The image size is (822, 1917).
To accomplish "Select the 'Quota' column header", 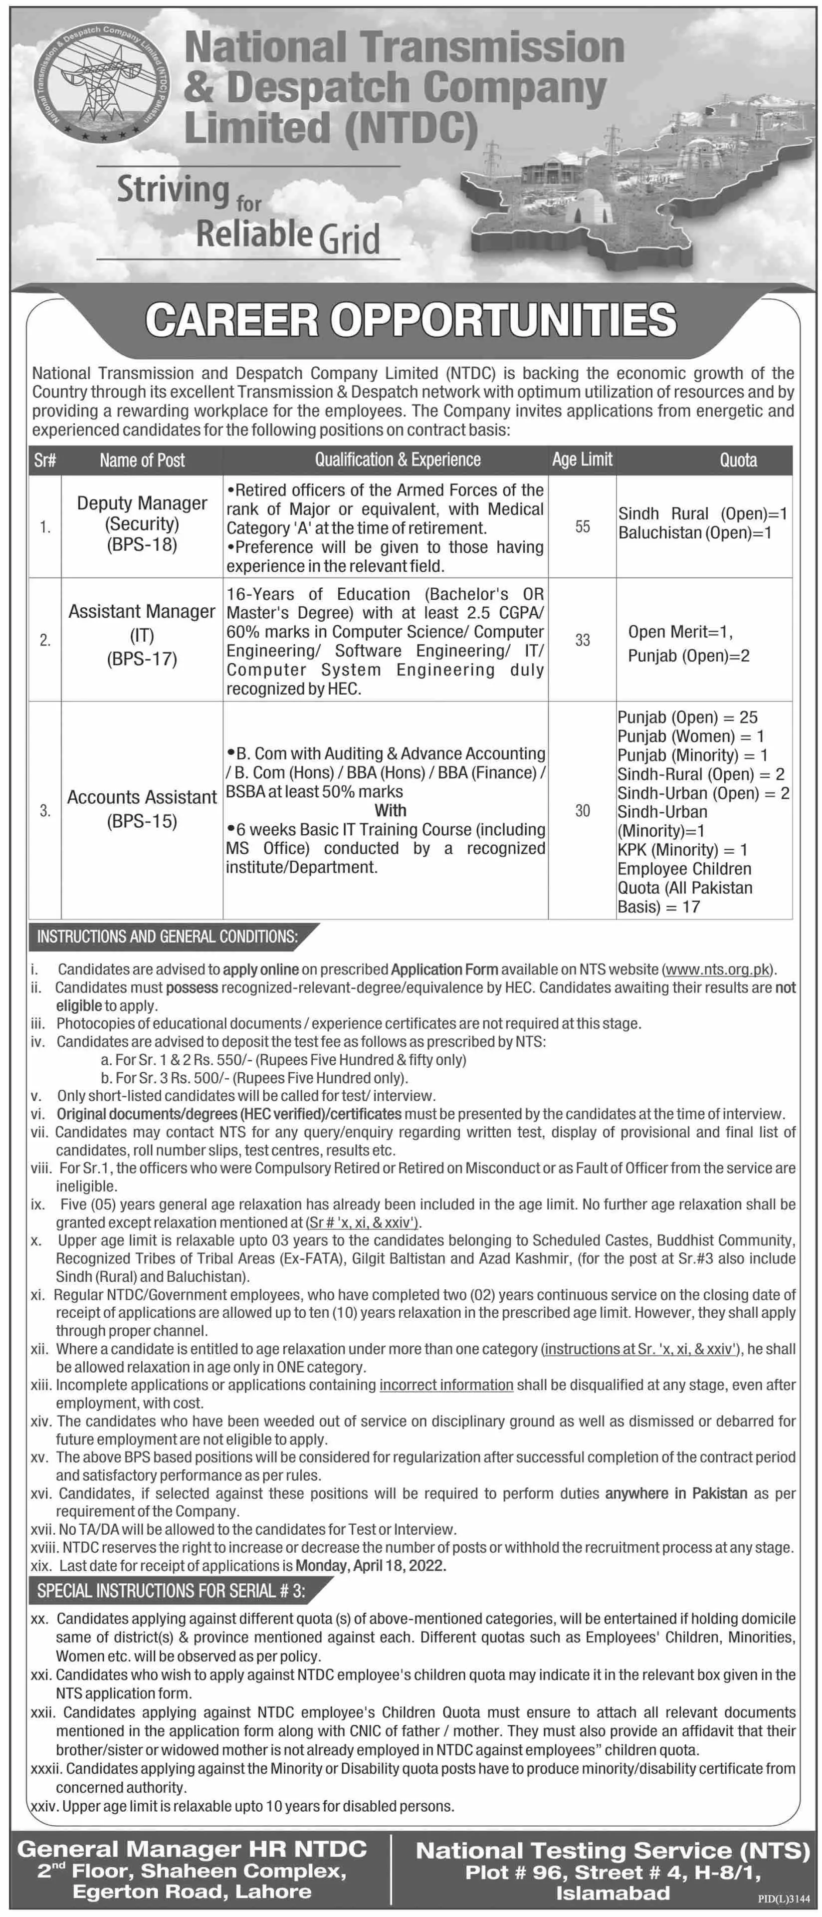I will click(737, 460).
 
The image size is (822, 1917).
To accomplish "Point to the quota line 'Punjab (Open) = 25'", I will click(687, 718).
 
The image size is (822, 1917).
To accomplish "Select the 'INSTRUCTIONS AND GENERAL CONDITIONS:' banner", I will click(168, 937).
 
